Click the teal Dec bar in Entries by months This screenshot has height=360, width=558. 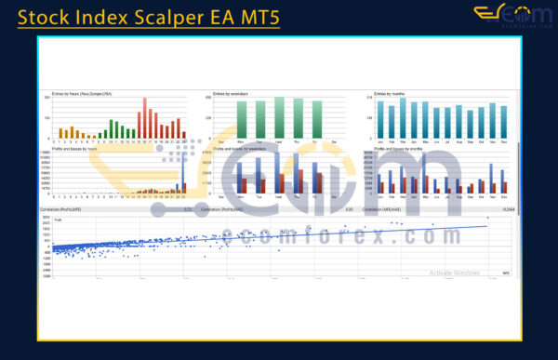(503, 119)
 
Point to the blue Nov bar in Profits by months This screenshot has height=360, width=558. (492, 178)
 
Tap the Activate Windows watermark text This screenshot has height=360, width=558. (454, 273)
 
